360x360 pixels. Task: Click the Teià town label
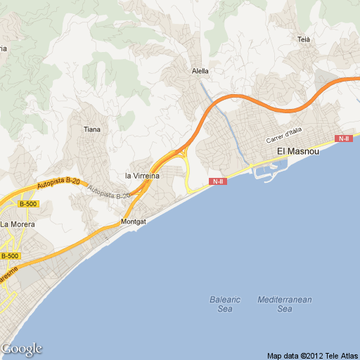(304, 39)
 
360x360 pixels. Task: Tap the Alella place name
(201, 71)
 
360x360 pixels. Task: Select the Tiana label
(92, 129)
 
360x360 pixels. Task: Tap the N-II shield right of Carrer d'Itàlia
(344, 139)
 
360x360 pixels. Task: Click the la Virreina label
(142, 176)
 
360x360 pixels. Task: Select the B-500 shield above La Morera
(28, 204)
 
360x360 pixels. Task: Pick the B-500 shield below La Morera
(10, 256)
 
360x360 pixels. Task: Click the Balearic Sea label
(225, 304)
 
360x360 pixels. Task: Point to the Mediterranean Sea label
(284, 304)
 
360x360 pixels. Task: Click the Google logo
(21, 349)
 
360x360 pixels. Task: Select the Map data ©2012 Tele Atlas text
(311, 354)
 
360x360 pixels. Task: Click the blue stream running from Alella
(224, 112)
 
